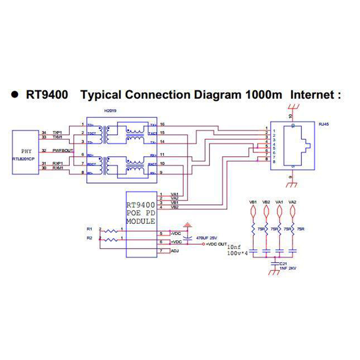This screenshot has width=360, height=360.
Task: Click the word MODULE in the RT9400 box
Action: click(x=141, y=222)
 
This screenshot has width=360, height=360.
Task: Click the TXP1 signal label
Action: click(x=57, y=132)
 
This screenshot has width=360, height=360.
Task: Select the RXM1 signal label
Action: click(x=58, y=167)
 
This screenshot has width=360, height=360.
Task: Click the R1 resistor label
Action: click(x=90, y=229)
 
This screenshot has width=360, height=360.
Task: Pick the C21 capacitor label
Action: click(x=283, y=264)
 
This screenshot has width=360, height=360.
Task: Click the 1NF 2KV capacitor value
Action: click(x=288, y=269)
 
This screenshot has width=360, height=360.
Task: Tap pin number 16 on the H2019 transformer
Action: click(x=162, y=124)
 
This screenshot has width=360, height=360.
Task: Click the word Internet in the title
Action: click(x=313, y=95)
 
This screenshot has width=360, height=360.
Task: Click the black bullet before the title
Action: click(x=14, y=95)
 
